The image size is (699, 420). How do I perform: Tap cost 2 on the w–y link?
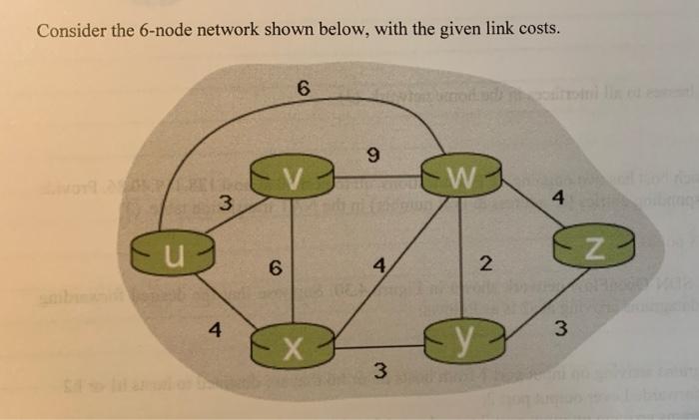pyautogui.click(x=486, y=263)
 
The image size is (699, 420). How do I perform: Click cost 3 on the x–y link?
pyautogui.click(x=378, y=373)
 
